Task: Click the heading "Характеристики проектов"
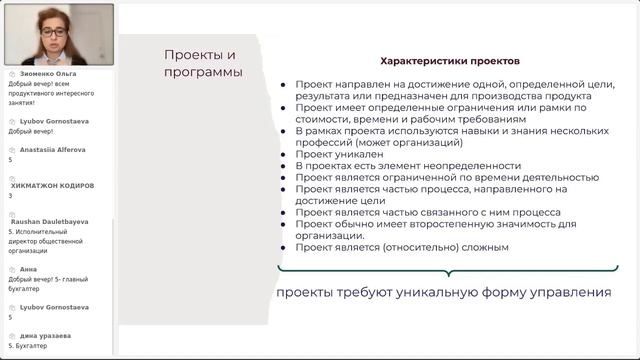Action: click(x=446, y=60)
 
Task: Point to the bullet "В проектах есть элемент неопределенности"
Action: click(x=408, y=166)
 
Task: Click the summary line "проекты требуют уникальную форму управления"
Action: click(x=443, y=292)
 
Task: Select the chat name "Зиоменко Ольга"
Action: click(x=46, y=73)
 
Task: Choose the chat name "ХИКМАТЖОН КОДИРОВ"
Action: click(x=52, y=186)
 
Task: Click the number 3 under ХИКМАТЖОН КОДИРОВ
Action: click(x=10, y=196)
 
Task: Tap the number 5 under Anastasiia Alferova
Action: click(x=10, y=159)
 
